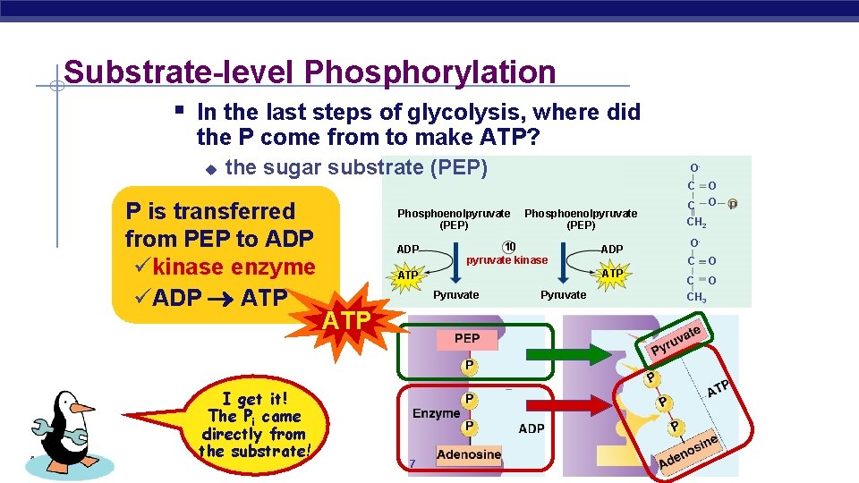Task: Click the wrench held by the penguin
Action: (62, 434)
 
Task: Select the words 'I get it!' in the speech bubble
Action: (255, 399)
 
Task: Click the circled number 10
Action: (508, 247)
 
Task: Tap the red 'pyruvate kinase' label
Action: (507, 260)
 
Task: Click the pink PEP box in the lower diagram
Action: (467, 338)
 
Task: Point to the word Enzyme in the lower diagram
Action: (436, 414)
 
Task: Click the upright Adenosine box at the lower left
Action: (469, 454)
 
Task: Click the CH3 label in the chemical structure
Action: (696, 297)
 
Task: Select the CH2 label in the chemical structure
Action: (696, 223)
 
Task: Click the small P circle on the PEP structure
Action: (732, 205)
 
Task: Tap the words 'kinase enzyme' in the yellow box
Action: (234, 267)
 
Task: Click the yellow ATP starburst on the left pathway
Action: (408, 274)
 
